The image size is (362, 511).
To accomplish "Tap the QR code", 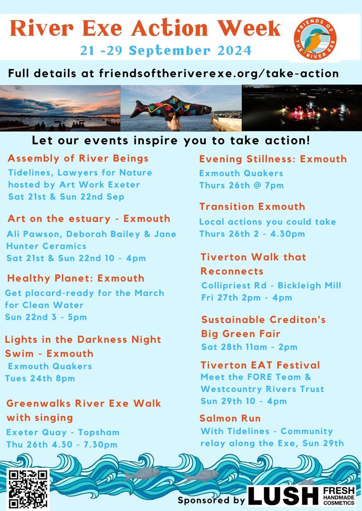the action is pyautogui.click(x=28, y=489).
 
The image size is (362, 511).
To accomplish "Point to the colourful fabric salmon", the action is pyautogui.click(x=171, y=107).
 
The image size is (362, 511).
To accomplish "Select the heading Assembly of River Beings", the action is pyautogui.click(x=78, y=159).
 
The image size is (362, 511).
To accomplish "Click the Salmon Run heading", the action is pyautogui.click(x=230, y=418).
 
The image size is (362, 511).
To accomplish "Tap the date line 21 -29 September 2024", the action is pyautogui.click(x=166, y=51).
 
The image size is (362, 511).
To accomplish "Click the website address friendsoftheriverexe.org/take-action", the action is pyautogui.click(x=219, y=73).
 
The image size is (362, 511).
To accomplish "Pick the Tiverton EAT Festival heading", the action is pyautogui.click(x=260, y=365).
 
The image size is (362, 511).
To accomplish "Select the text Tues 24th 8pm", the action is pyautogui.click(x=40, y=378).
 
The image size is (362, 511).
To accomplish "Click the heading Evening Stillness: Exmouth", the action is pyautogui.click(x=273, y=159).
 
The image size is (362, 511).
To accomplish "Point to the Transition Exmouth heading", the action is pyautogui.click(x=252, y=207).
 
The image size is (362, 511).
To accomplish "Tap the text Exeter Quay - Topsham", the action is pyautogui.click(x=63, y=433).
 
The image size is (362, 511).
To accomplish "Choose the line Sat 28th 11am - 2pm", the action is pyautogui.click(x=249, y=347).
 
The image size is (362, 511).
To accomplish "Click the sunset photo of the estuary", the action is pyautogui.click(x=60, y=108).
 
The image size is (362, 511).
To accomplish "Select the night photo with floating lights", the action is pyautogui.click(x=302, y=108).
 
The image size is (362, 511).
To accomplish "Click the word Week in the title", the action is pyautogui.click(x=249, y=28).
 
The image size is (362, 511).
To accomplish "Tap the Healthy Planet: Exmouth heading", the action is pyautogui.click(x=76, y=278).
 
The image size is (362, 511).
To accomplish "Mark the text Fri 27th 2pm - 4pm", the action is pyautogui.click(x=246, y=298).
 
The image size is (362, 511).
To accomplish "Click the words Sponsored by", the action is pyautogui.click(x=211, y=500).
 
